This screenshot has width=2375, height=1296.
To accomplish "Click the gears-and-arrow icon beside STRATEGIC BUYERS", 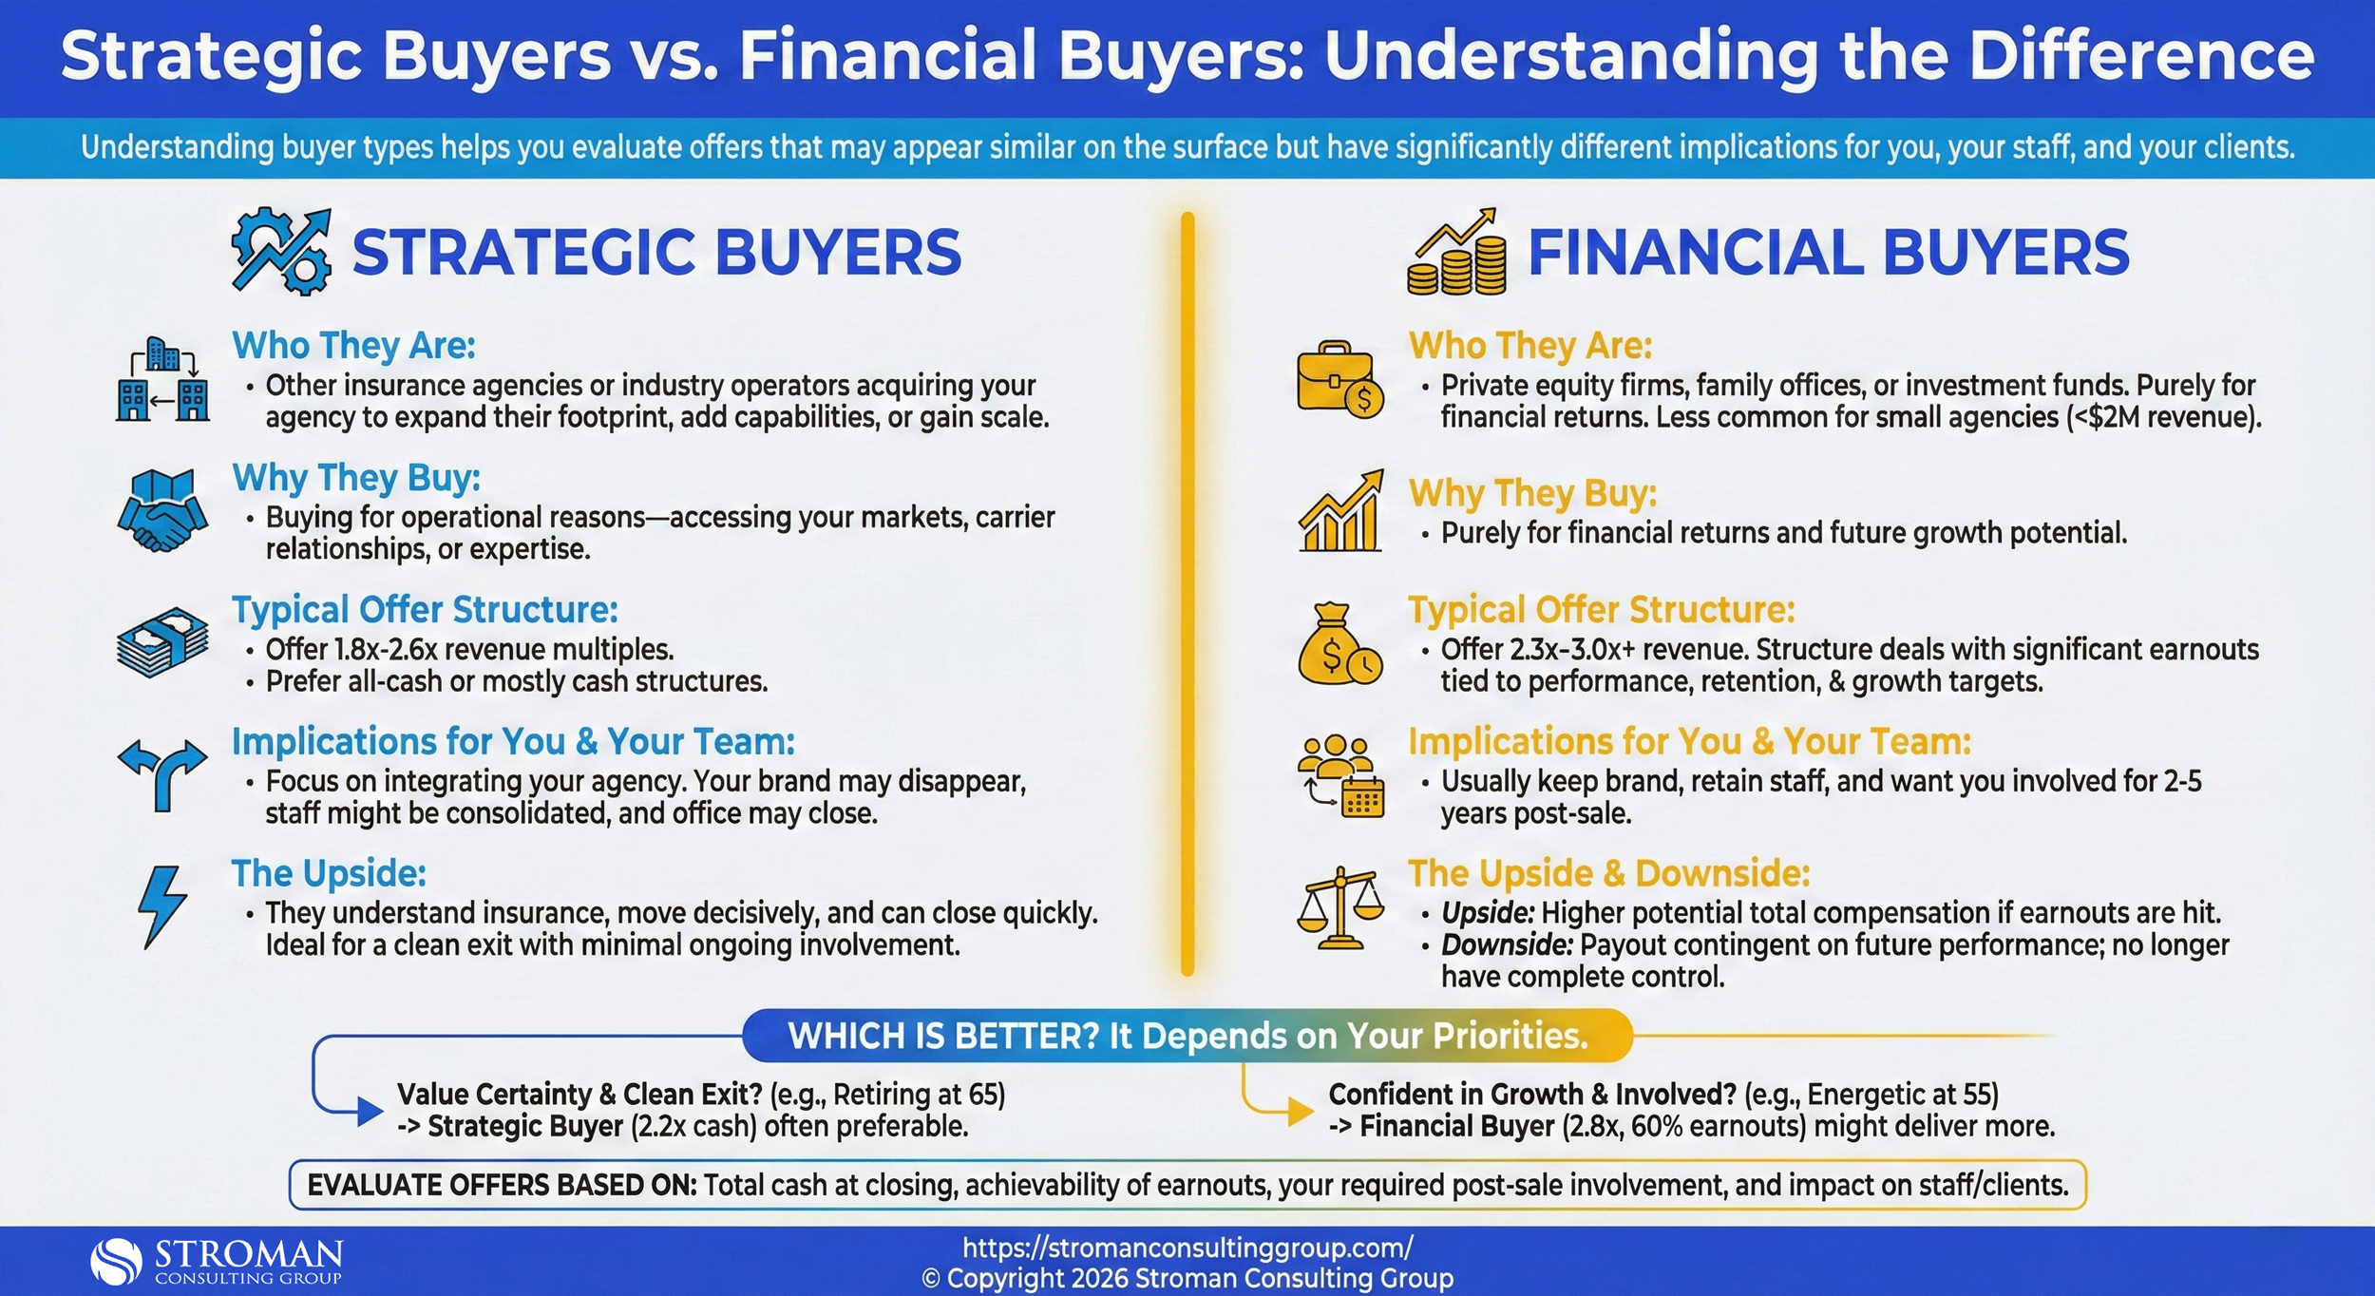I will [281, 252].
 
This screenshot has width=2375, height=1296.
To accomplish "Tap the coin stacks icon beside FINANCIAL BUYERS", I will [1456, 253].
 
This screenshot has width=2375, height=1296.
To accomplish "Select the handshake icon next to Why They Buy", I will [162, 511].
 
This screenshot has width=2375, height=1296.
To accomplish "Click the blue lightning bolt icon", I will [162, 906].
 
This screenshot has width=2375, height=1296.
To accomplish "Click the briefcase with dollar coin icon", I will [1340, 380].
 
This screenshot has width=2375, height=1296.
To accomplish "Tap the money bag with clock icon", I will [1339, 644].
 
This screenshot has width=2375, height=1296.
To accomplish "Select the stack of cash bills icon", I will [162, 643].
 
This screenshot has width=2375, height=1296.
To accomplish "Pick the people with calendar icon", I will [1340, 776].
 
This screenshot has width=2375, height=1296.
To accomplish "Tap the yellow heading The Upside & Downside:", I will [1608, 873].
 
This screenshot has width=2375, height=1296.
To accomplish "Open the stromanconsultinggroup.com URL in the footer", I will [1187, 1248].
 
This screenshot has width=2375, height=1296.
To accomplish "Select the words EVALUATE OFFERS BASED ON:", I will [502, 1186].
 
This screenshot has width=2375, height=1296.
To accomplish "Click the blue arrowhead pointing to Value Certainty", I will [370, 1111].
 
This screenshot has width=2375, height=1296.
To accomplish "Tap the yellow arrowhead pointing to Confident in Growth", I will [1300, 1111].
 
